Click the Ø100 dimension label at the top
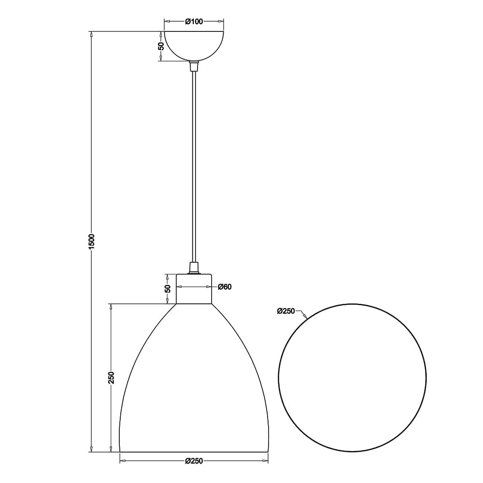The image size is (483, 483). pos(194,22)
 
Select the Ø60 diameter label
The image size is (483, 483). pos(225,287)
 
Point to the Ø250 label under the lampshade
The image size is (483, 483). pos(194,461)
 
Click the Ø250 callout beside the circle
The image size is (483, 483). pos(286,311)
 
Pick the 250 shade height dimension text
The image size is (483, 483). pos(111,378)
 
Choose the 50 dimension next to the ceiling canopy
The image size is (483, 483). pos(161,46)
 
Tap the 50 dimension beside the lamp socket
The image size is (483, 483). pos(168,289)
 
